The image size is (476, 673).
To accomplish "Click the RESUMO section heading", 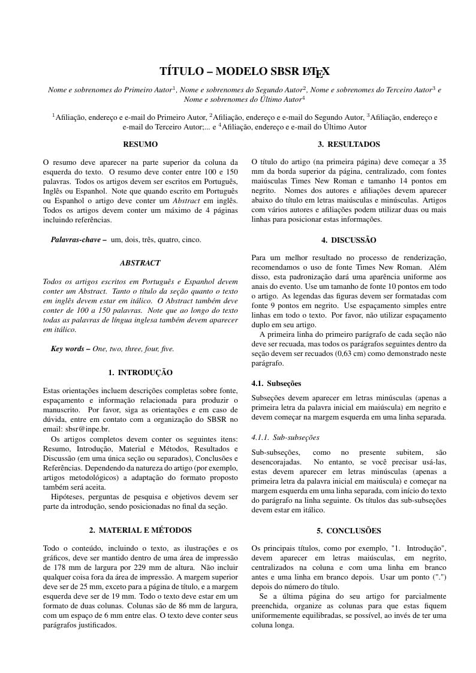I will click(140, 144).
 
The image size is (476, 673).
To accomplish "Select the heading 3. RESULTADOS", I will click(349, 144).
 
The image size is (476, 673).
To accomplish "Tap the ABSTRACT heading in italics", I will click(140, 263).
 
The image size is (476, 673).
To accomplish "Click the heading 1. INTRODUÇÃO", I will click(140, 373).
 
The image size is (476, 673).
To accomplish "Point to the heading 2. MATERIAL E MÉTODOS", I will click(140, 530).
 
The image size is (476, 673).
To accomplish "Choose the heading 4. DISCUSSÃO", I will click(349, 240).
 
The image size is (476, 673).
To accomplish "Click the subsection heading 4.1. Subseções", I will click(276, 384).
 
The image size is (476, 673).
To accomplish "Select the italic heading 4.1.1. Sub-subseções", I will click(285, 437).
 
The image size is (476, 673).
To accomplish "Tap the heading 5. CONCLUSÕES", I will click(349, 530).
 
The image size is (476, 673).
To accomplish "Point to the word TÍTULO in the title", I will click(182, 72).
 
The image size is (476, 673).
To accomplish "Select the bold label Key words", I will click(70, 349).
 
